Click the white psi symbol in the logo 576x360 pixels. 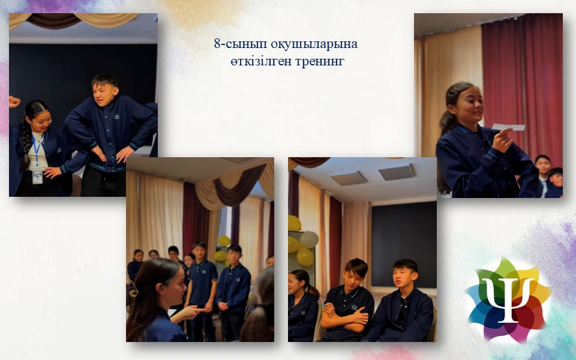508,298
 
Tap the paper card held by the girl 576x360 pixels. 508,127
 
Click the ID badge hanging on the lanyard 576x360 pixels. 37,176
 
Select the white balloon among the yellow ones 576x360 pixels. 310,239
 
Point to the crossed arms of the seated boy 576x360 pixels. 346,316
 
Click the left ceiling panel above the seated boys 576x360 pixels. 349,179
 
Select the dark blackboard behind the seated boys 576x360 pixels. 404,244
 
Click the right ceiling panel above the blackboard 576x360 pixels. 397,172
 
